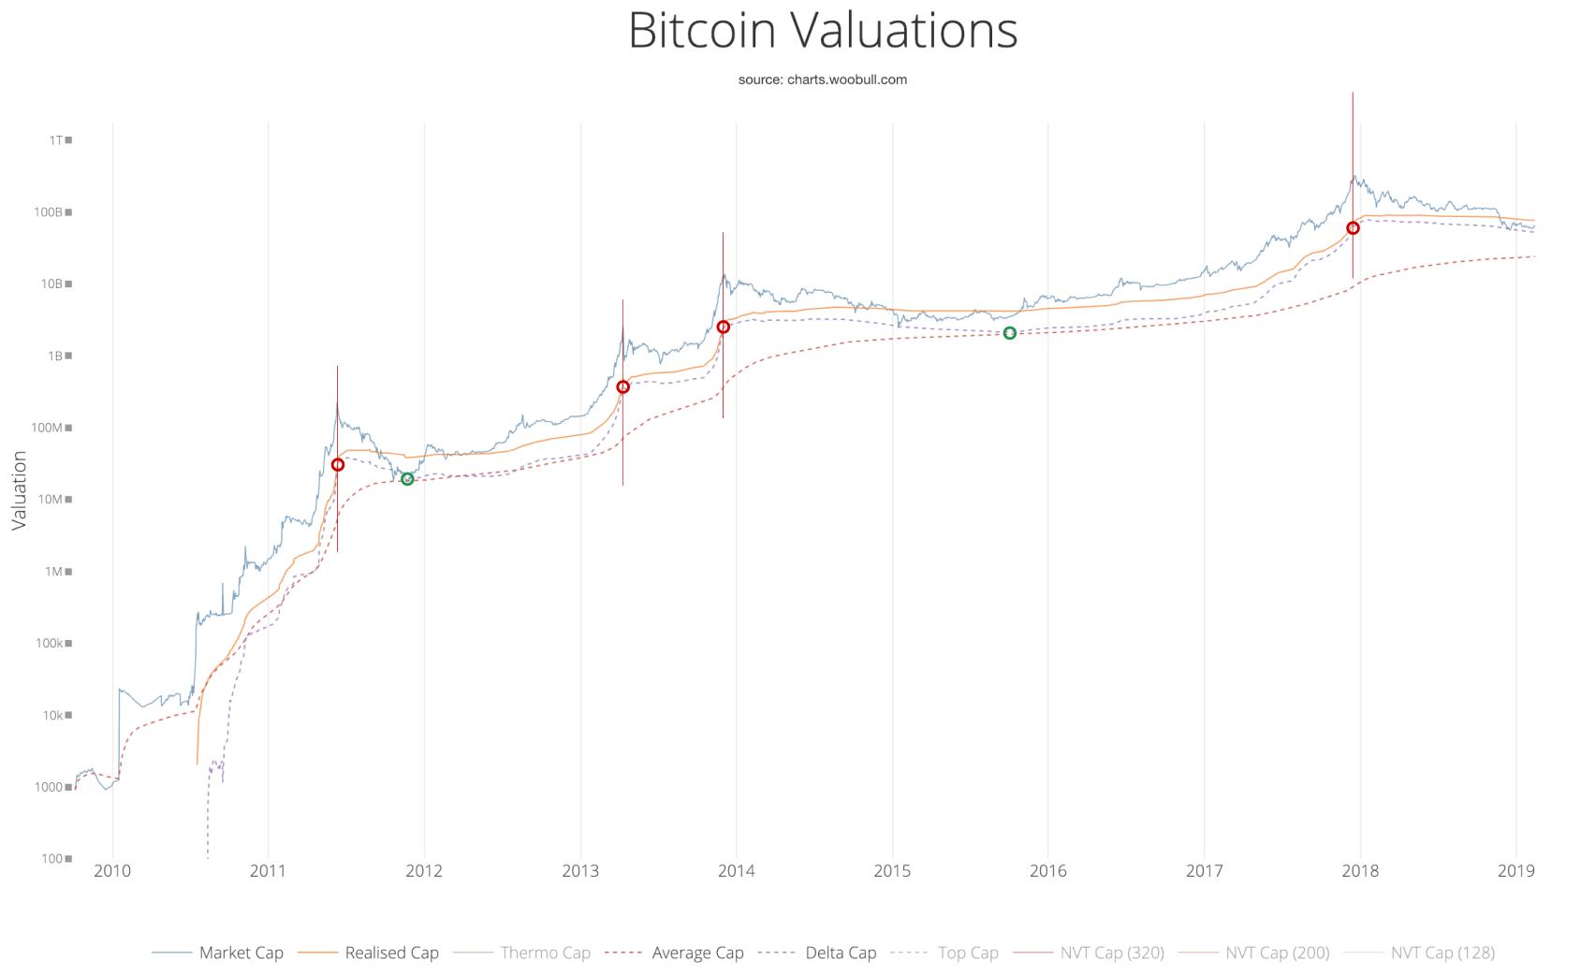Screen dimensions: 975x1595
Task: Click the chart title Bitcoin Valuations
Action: (x=822, y=30)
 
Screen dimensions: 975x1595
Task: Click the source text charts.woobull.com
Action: (x=822, y=80)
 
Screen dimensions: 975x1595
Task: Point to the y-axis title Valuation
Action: (x=19, y=490)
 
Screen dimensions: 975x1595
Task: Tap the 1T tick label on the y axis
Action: (x=57, y=140)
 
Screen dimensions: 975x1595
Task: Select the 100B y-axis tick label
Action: (x=49, y=212)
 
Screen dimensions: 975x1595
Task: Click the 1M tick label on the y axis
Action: (x=54, y=572)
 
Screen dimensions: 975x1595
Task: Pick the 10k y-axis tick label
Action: (x=52, y=716)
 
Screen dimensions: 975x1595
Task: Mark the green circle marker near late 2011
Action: (x=407, y=479)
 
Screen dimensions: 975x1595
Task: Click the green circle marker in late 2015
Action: (x=1010, y=333)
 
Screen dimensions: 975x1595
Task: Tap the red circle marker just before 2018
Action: (x=1353, y=228)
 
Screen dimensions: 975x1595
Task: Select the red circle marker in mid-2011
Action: (x=338, y=465)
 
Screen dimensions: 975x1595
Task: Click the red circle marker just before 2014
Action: (x=723, y=327)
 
